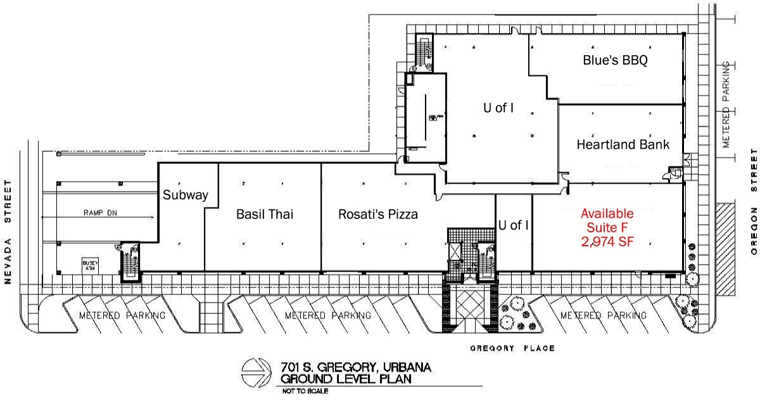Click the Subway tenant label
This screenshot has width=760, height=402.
pos(186,195)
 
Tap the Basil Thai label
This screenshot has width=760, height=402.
pos(265,214)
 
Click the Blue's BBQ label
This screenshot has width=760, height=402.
pos(615,61)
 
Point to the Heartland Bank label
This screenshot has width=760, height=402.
pos(623,144)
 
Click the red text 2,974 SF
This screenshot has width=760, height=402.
pos(607,241)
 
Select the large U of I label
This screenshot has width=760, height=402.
pos(498,108)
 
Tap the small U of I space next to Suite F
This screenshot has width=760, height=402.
pos(513,225)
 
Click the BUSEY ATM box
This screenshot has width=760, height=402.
pos(88,264)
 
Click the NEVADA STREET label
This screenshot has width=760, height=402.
pos(9,232)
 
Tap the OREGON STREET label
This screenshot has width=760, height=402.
pos(754,201)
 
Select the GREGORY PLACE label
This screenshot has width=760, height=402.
pos(512,348)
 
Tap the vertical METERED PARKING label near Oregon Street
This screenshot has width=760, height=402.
pos(727,104)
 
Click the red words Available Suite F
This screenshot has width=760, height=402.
pos(607,220)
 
